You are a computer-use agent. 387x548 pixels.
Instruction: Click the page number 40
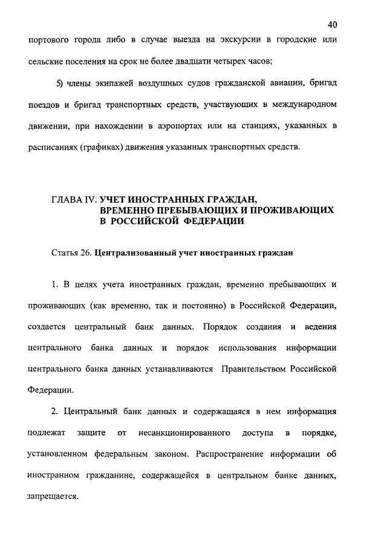click(331, 24)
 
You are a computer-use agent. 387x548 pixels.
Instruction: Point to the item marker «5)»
click(59, 82)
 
